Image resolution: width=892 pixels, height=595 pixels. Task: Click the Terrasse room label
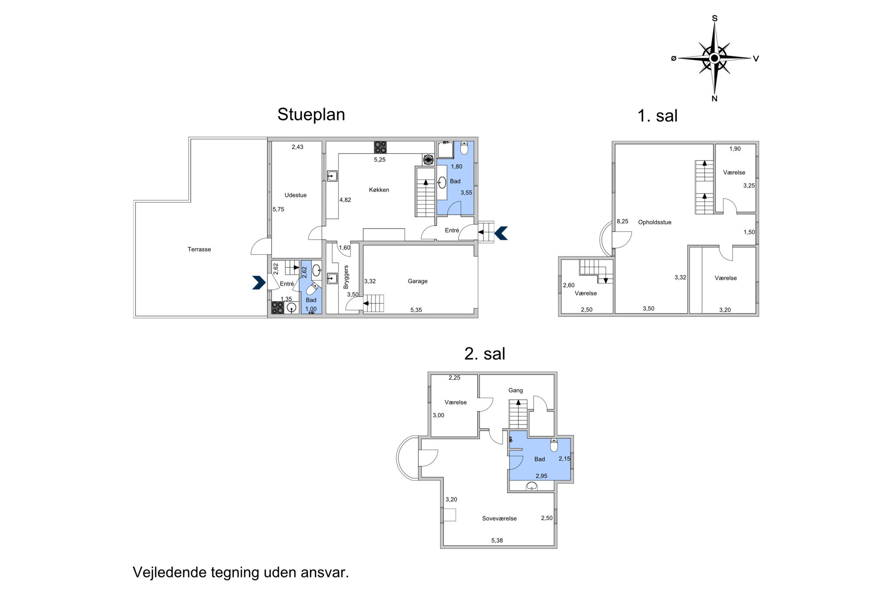click(199, 250)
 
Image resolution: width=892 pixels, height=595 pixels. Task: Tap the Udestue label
click(295, 195)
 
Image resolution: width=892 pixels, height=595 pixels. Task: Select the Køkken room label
click(379, 190)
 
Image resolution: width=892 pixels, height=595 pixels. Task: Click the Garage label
click(417, 281)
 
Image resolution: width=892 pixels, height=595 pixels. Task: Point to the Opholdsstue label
click(654, 222)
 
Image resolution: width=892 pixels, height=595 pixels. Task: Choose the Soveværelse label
click(499, 519)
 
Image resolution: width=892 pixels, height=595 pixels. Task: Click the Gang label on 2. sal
click(515, 391)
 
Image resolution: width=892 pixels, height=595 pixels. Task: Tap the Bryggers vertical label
click(346, 277)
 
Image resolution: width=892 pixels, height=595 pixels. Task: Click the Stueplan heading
click(311, 115)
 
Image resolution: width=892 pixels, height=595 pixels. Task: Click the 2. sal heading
click(484, 354)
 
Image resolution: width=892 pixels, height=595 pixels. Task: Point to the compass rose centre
click(714, 58)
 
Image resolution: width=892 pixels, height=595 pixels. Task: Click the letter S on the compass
click(714, 18)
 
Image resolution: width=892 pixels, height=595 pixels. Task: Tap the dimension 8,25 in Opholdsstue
click(622, 221)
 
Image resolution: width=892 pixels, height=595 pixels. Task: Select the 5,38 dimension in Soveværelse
click(497, 541)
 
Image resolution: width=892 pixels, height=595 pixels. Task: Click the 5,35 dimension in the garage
click(416, 310)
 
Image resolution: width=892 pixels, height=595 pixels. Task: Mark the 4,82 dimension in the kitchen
click(345, 200)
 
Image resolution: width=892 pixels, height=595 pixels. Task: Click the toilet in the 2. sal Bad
click(553, 445)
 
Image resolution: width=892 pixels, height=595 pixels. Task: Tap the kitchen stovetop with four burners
click(380, 147)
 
